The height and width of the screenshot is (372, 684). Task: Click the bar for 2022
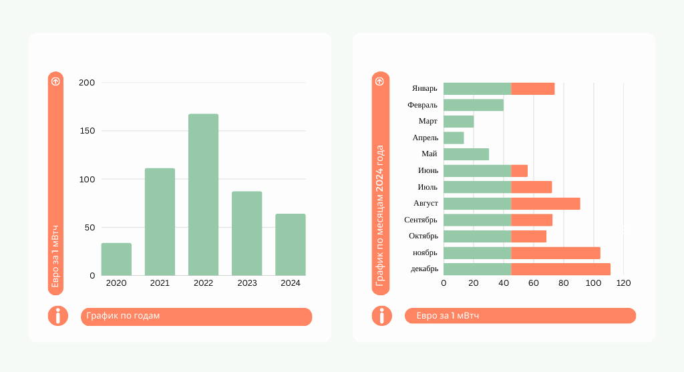pyautogui.click(x=203, y=194)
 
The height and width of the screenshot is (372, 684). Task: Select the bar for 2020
pyautogui.click(x=116, y=259)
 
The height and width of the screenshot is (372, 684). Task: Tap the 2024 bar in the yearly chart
pyautogui.click(x=291, y=244)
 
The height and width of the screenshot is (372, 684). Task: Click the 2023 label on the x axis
pyautogui.click(x=247, y=283)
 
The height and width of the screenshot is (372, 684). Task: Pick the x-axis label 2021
pyautogui.click(x=160, y=283)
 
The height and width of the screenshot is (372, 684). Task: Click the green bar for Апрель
pyautogui.click(x=454, y=138)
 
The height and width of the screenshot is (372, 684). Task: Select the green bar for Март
pyautogui.click(x=459, y=122)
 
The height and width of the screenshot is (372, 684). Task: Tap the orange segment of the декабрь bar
pyautogui.click(x=560, y=269)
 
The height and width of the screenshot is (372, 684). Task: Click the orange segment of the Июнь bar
pyautogui.click(x=520, y=171)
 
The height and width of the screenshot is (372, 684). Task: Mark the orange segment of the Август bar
pyautogui.click(x=546, y=204)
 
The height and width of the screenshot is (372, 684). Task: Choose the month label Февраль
pyautogui.click(x=422, y=105)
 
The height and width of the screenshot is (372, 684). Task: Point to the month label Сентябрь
pyautogui.click(x=421, y=220)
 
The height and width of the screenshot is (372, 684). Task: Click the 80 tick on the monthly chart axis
pyautogui.click(x=564, y=283)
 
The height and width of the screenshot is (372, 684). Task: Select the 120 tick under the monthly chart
pyautogui.click(x=623, y=283)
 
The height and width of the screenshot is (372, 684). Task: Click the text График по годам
pyautogui.click(x=124, y=316)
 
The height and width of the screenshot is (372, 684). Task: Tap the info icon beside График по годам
pyautogui.click(x=58, y=316)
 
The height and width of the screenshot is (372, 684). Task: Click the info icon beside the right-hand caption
pyautogui.click(x=381, y=316)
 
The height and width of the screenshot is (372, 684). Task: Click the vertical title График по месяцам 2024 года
pyautogui.click(x=380, y=216)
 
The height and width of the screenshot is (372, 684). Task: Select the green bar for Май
pyautogui.click(x=466, y=154)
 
